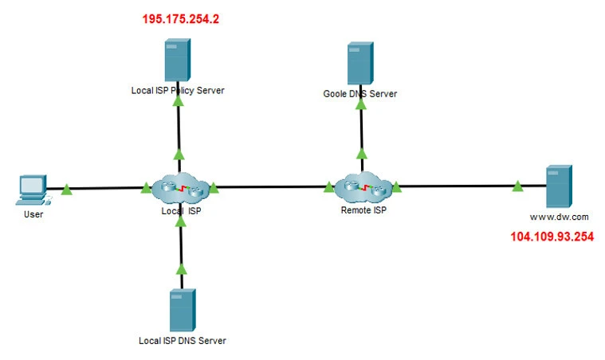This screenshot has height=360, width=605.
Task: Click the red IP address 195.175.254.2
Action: click(x=180, y=18)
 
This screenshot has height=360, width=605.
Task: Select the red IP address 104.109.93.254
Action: click(x=552, y=237)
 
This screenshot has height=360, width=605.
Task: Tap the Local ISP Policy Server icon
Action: click(x=178, y=60)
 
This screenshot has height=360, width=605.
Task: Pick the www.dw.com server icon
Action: click(x=557, y=186)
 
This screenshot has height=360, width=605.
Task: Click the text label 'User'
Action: click(x=33, y=214)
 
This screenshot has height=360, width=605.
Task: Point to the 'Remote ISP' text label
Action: click(x=363, y=211)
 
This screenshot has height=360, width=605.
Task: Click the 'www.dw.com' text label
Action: click(x=559, y=216)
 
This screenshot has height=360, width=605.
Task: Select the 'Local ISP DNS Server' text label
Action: click(x=183, y=341)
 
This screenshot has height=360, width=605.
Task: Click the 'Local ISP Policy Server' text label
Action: click(x=178, y=90)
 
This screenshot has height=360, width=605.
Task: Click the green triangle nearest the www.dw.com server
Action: click(x=517, y=186)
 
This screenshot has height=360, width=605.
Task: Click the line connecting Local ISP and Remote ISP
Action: click(x=271, y=188)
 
